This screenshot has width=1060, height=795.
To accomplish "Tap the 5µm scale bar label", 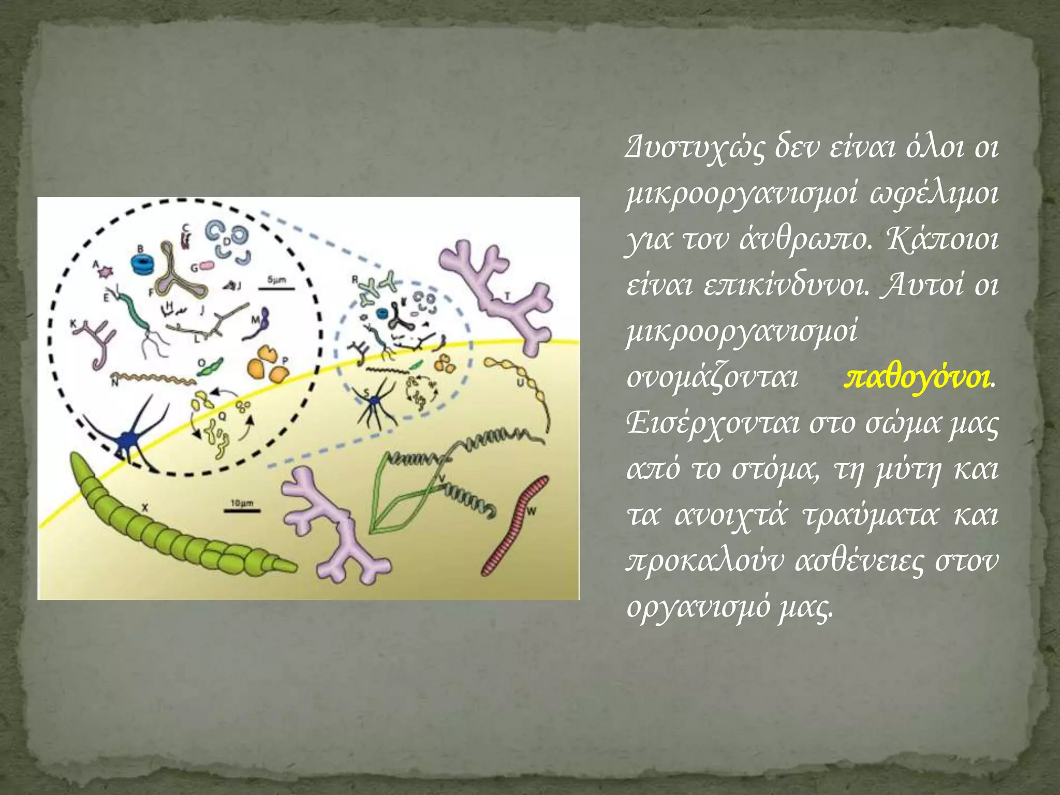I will tap(277, 280).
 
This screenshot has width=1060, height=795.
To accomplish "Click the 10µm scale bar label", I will tap(241, 503).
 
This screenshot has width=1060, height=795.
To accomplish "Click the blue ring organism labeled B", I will tap(142, 264).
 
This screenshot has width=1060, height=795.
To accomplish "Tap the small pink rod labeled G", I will tap(207, 266).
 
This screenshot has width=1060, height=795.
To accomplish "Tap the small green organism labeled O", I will tap(211, 368).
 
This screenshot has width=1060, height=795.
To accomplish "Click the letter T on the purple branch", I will tap(507, 297).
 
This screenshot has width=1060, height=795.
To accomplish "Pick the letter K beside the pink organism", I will tap(73, 324).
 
